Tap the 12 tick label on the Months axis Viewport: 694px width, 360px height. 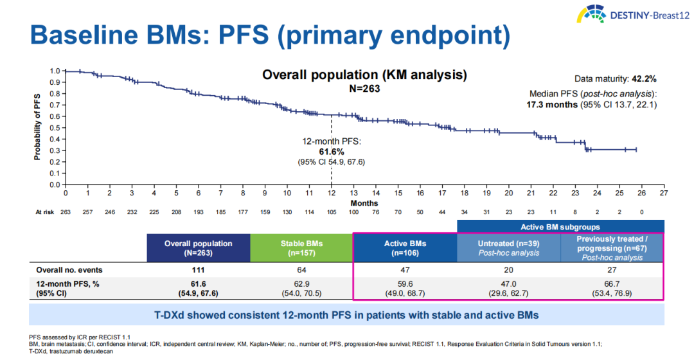pos(332,193)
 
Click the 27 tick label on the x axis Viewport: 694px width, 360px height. pos(664,193)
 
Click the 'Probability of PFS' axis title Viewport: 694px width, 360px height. pos(38,128)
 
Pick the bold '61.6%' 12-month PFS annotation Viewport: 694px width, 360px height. pos(332,152)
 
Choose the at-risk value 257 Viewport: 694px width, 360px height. pos(87,213)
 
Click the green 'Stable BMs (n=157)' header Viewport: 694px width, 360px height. pos(301,248)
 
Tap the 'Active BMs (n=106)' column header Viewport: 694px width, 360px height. pos(405,248)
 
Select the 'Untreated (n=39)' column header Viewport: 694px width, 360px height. pos(509,244)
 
